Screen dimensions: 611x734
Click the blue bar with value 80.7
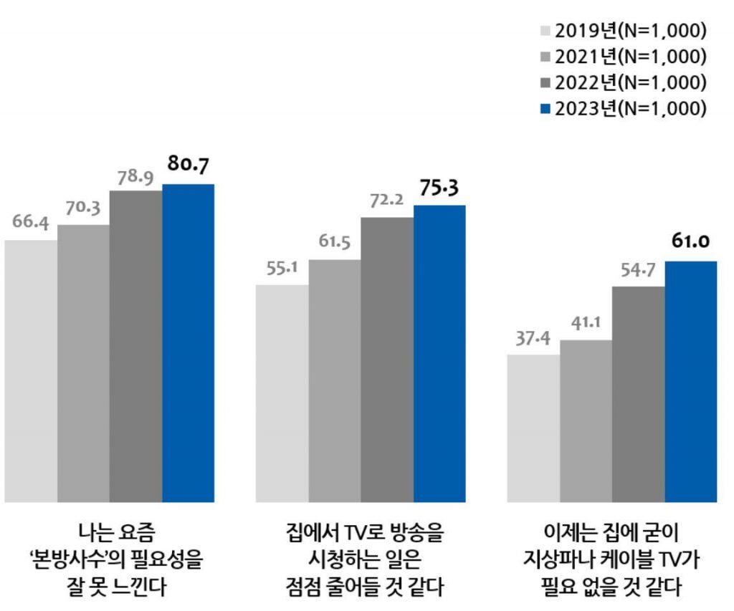[x=189, y=343]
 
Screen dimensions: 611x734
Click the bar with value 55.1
[x=282, y=393]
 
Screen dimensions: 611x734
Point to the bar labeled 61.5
[x=335, y=380]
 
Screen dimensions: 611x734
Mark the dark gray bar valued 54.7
[x=638, y=394]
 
